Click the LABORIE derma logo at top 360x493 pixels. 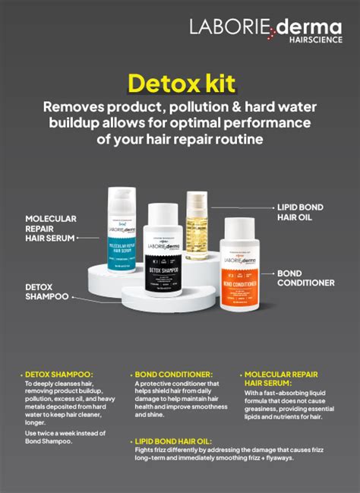pyautogui.click(x=265, y=28)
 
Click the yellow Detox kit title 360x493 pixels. pyautogui.click(x=181, y=83)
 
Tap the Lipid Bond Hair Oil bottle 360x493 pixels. pyautogui.click(x=197, y=227)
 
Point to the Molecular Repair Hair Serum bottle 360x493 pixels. pyautogui.click(x=122, y=232)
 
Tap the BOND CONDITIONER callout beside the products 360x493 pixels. pyautogui.click(x=305, y=278)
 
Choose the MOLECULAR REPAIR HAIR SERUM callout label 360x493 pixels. pyautogui.click(x=50, y=228)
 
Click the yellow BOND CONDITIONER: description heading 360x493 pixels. pyautogui.click(x=174, y=374)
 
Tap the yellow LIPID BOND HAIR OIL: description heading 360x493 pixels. pyautogui.click(x=175, y=440)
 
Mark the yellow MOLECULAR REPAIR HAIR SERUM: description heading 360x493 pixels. pyautogui.click(x=281, y=379)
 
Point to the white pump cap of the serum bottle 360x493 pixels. pyautogui.click(x=122, y=198)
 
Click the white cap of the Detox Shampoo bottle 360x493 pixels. pyautogui.click(x=163, y=213)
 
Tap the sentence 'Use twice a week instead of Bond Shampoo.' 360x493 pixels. pyautogui.click(x=58, y=438)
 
